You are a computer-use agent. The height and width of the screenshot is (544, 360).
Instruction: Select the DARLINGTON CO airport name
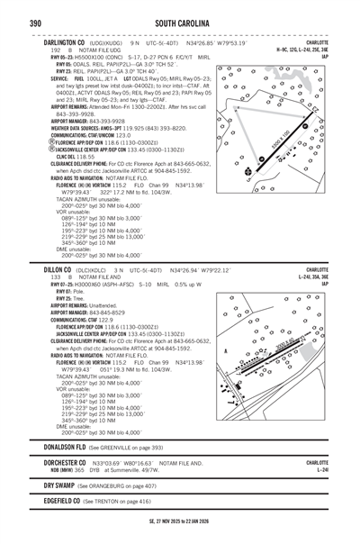coord(67,41)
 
